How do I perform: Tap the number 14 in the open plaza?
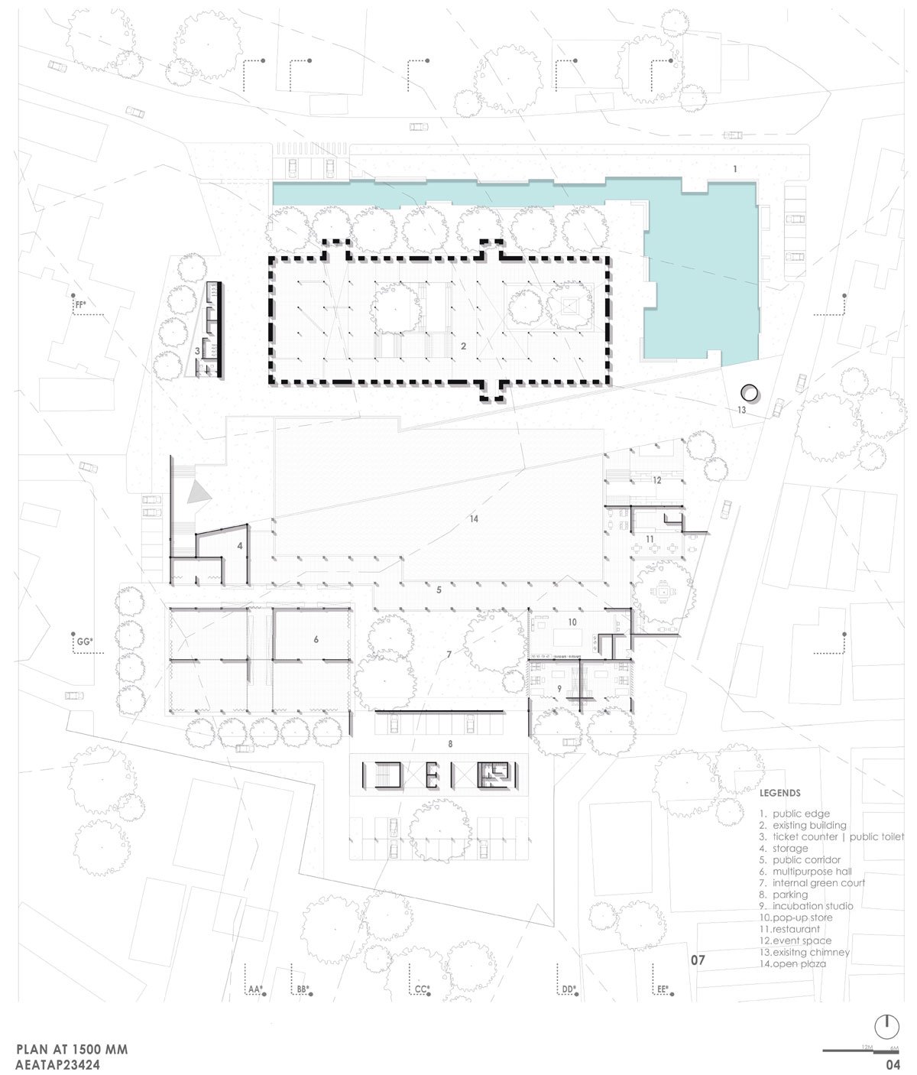[474, 518]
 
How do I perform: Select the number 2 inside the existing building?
[463, 346]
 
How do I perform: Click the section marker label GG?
[85, 641]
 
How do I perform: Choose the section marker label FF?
[80, 305]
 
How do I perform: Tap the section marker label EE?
[663, 989]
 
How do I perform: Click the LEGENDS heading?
[780, 793]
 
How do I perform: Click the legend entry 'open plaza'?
[792, 963]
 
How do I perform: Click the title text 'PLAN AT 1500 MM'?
[73, 1049]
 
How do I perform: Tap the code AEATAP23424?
[58, 1064]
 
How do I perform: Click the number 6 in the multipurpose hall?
[316, 639]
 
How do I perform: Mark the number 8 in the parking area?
[450, 744]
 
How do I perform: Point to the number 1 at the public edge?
[735, 169]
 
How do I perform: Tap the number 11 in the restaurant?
[650, 539]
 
